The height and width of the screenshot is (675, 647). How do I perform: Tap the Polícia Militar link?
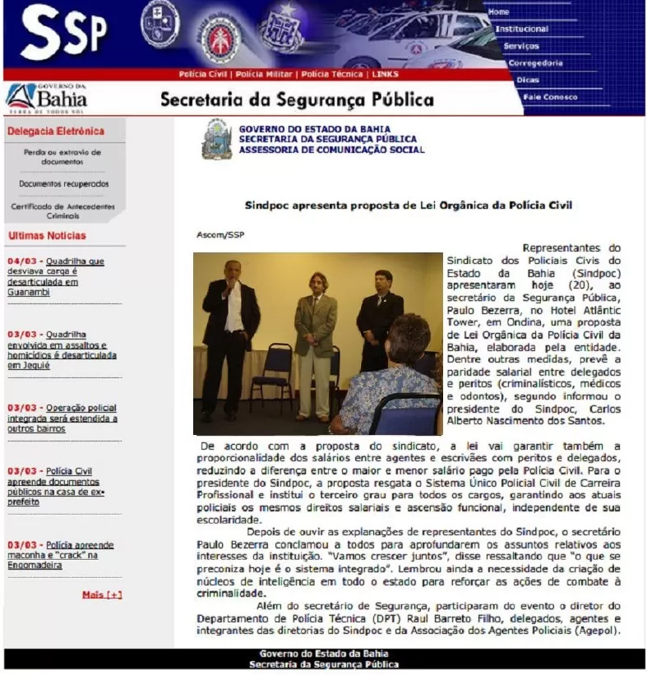coord(264,74)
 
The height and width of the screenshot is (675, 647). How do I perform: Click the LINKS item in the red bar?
coord(385,74)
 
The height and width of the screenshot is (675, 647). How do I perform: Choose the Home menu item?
coord(499,12)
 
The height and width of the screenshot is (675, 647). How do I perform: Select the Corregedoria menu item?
coord(535,62)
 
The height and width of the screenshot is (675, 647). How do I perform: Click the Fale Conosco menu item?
coord(549,97)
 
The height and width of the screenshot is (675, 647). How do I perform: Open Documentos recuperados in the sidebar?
coord(63,184)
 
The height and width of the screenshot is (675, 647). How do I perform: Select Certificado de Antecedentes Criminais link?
coord(62,210)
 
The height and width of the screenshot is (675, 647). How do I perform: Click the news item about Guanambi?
coord(55,276)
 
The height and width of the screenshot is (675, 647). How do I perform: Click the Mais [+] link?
coord(102,594)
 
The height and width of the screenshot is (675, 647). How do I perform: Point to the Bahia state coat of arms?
coord(217,140)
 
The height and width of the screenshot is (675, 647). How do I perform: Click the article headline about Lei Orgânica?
coord(408,205)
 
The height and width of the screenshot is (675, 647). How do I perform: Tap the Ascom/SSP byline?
coord(220,235)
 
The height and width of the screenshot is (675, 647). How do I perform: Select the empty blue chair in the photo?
coord(272,374)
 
